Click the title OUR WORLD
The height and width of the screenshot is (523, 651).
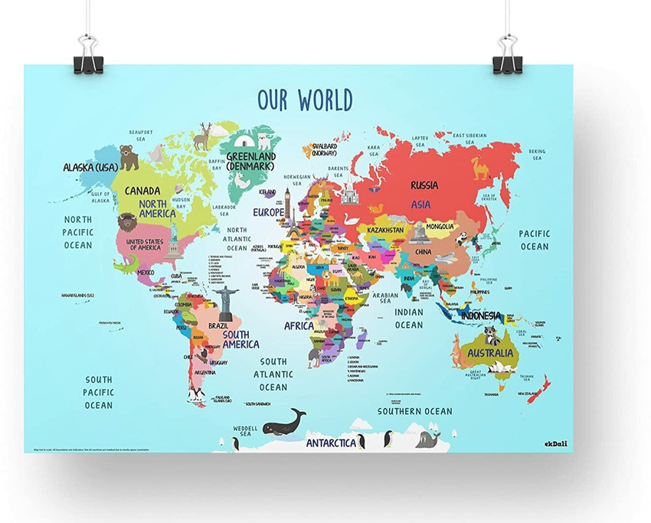coord(304,100)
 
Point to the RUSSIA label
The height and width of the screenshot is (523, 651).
coord(424,185)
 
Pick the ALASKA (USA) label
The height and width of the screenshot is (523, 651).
coord(90,166)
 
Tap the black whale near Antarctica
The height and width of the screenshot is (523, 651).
coord(284,423)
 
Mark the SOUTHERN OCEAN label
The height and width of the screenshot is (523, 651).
coord(414,411)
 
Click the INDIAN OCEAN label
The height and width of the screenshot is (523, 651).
coord(409,319)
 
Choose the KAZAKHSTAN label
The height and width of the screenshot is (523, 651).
coord(385,229)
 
